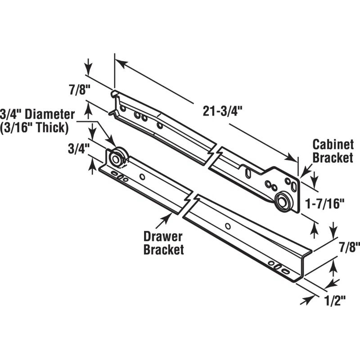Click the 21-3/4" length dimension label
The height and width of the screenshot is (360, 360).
coord(223,112)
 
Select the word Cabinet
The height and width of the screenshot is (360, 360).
coord(333,145)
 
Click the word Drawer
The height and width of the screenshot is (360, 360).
coord(163,237)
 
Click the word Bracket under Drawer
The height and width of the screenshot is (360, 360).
coord(164,250)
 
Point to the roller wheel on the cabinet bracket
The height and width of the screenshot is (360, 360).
coord(283,202)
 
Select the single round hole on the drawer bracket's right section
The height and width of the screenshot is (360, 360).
coord(228,226)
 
